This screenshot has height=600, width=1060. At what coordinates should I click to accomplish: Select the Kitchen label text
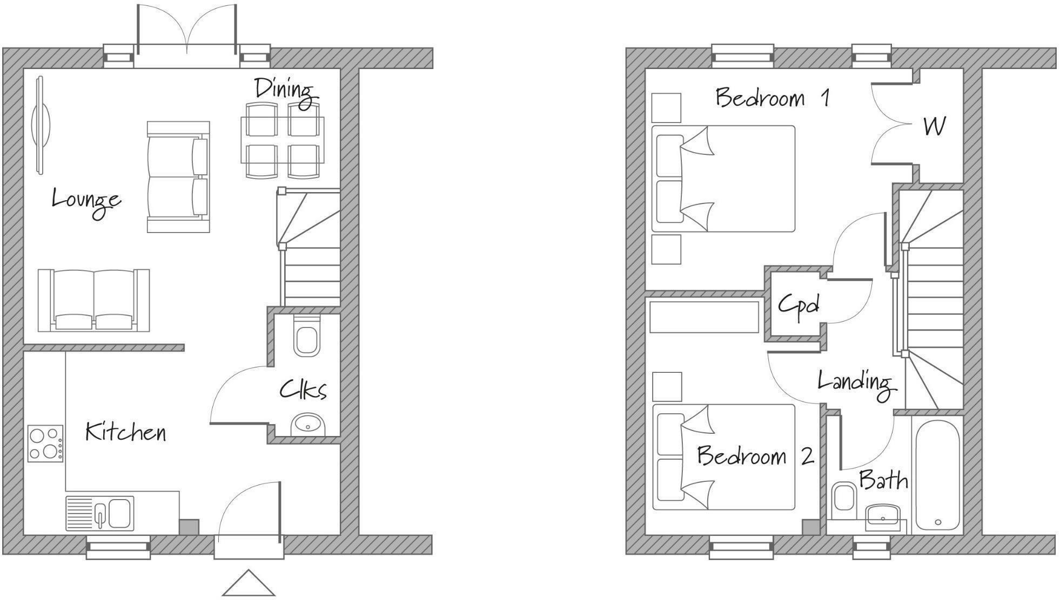[125, 432]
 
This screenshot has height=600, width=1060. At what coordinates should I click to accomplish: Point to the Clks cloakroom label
[303, 390]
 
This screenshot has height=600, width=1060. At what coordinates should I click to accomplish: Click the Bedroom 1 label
[772, 98]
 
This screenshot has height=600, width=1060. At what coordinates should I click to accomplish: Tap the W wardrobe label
[934, 126]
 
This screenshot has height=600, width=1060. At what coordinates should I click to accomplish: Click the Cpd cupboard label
[799, 305]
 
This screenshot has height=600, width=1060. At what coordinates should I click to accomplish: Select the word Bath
[883, 480]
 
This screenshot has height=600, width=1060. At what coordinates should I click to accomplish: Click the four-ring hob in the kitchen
[45, 444]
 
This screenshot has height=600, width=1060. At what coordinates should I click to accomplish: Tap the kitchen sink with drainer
[100, 513]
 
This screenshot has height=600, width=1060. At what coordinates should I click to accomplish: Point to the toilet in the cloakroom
[306, 337]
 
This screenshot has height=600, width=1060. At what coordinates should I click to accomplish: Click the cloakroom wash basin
[308, 425]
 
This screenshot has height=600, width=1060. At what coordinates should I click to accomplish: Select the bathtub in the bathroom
[937, 476]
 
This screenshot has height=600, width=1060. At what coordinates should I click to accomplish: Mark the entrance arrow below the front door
[248, 584]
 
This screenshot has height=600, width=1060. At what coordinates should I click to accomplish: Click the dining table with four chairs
[282, 140]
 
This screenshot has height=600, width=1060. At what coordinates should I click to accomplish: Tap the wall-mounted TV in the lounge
[40, 125]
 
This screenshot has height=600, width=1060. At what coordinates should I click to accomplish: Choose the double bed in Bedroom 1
[723, 179]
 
